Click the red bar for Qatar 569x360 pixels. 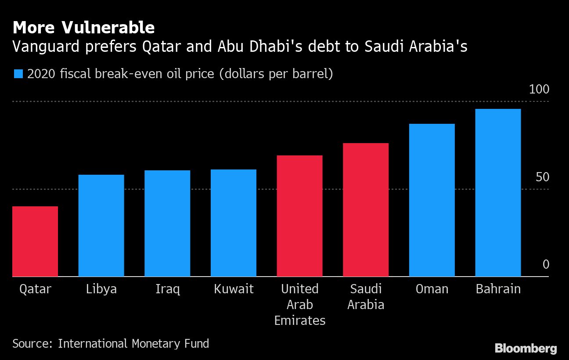click(x=35, y=241)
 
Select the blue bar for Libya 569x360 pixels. click(x=101, y=226)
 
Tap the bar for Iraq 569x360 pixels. click(x=167, y=223)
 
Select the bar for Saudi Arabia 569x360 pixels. click(x=366, y=210)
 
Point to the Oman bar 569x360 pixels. click(x=432, y=200)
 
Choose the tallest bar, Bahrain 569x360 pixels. click(x=498, y=193)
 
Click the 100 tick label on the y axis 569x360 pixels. click(x=539, y=90)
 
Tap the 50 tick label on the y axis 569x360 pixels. click(x=543, y=177)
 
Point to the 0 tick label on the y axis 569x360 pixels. click(x=546, y=264)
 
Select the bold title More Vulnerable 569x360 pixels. click(x=83, y=28)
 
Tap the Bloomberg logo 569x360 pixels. click(x=526, y=349)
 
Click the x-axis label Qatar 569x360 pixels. click(x=35, y=289)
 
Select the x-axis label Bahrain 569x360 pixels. click(x=498, y=289)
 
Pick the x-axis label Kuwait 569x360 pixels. click(x=234, y=289)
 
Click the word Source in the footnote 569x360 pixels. click(x=31, y=343)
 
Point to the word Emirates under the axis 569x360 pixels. click(x=300, y=320)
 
